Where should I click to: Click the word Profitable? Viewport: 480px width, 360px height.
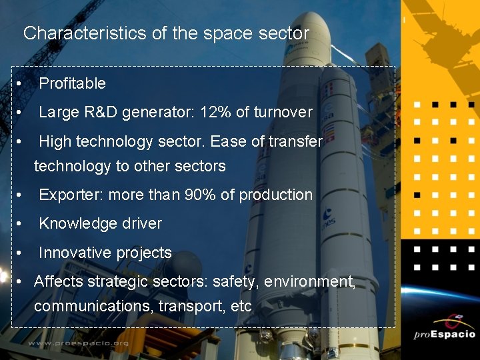pyautogui.click(x=72, y=83)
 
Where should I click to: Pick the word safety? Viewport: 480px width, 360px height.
pyautogui.click(x=234, y=281)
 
